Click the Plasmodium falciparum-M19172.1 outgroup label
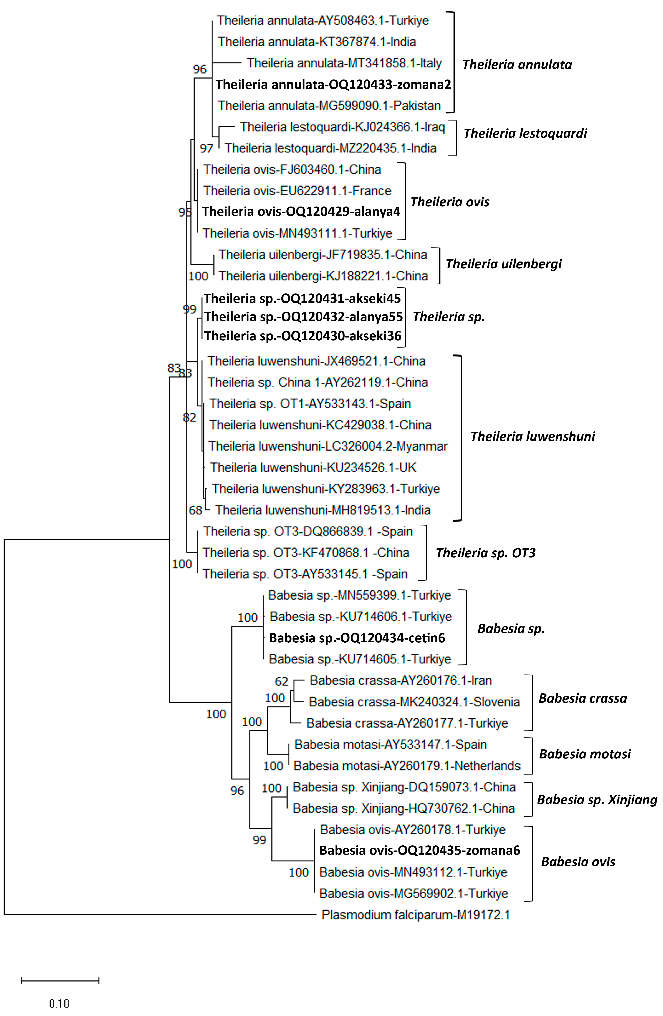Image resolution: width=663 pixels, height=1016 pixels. pyautogui.click(x=415, y=915)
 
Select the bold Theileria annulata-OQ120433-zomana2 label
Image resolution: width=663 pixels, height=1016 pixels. pyautogui.click(x=333, y=85)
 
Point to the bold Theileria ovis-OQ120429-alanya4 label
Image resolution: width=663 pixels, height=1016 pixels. pyautogui.click(x=301, y=211)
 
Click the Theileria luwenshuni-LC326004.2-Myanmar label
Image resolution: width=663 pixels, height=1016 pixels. pyautogui.click(x=328, y=446)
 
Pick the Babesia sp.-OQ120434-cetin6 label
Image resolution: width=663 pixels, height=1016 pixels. pyautogui.click(x=357, y=638)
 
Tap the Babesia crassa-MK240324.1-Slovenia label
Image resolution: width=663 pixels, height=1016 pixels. pyautogui.click(x=414, y=702)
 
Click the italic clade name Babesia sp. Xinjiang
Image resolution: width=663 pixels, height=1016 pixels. pyautogui.click(x=597, y=799)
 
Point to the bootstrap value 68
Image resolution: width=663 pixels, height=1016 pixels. pyautogui.click(x=195, y=510)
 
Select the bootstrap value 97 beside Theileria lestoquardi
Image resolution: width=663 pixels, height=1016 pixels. pyautogui.click(x=206, y=148)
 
